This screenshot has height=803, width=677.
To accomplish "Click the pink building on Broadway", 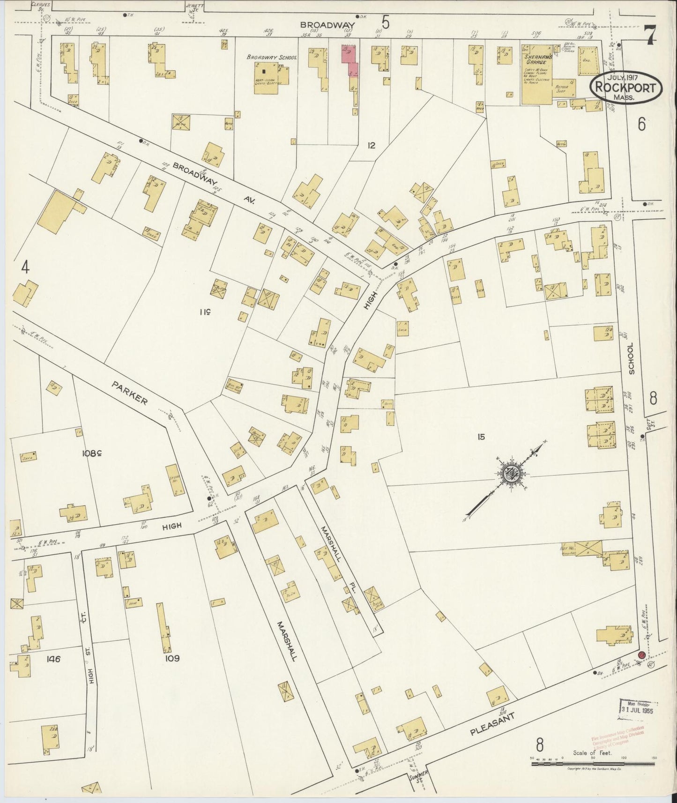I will [350, 60].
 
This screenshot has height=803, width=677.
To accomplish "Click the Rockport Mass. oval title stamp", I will [625, 88].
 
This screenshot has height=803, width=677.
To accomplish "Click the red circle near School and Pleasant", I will [642, 655].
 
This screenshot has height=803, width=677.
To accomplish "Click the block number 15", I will [481, 437].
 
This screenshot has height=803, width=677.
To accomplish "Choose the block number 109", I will [172, 658].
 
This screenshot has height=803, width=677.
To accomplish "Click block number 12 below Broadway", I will [371, 146].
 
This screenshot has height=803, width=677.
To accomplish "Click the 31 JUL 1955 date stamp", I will [638, 708].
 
